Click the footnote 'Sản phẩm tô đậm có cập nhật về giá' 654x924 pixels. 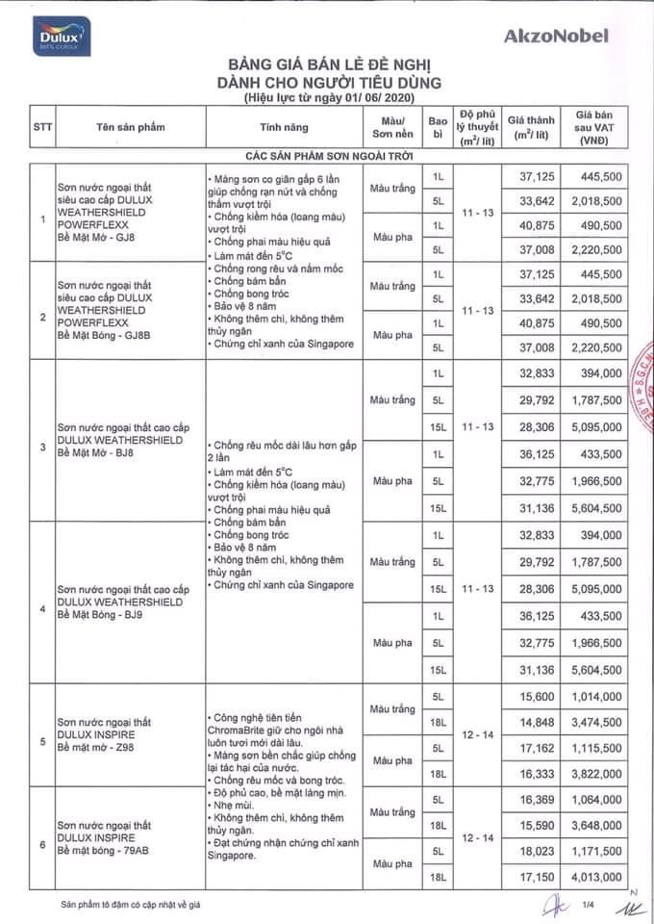(x=132, y=905)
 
